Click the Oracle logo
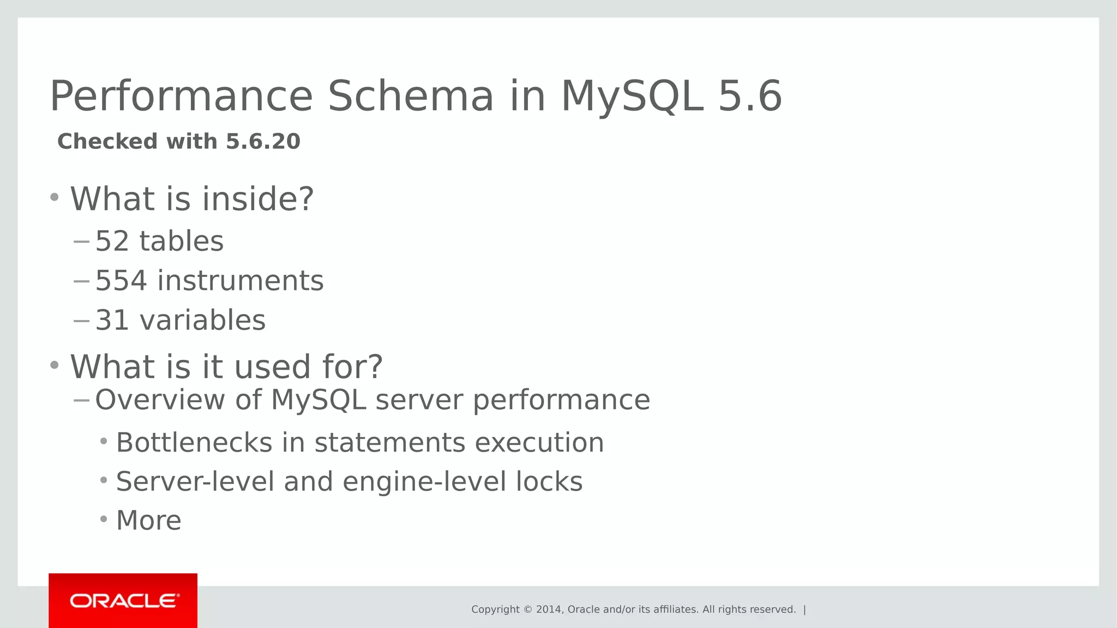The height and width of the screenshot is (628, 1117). pos(123,601)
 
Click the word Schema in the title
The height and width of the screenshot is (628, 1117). pos(410,96)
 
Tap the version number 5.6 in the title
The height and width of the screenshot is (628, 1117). pos(750,96)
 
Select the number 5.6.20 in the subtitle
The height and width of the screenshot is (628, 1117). pos(263,142)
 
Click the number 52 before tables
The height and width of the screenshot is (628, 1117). pos(112,241)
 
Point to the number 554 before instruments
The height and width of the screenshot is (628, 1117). pos(121,281)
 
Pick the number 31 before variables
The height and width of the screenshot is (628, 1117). pos(112,321)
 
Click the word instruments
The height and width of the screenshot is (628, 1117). pos(241,281)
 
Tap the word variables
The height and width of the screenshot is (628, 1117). pos(202,321)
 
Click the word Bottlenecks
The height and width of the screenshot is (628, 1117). pos(194,443)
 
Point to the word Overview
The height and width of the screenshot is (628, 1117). pos(160,400)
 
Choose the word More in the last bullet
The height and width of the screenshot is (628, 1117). pos(148,521)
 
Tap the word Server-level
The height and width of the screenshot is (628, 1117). pos(195,482)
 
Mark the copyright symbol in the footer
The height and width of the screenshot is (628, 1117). pos(527,609)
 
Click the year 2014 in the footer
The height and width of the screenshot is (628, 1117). pos(548,609)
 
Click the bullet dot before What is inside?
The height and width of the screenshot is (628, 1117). pos(54,197)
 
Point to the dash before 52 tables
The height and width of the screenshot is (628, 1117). pos(81,241)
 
